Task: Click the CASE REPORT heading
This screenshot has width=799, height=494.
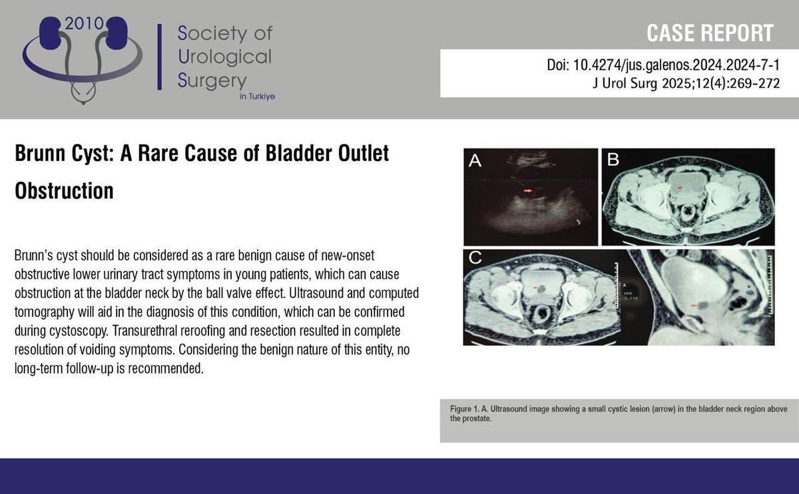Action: pos(710,33)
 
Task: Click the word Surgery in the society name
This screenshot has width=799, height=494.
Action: pos(212,80)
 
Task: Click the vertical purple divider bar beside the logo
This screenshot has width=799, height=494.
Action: pos(159,57)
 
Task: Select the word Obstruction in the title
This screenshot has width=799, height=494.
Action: pos(64,190)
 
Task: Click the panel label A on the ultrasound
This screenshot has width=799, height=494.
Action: pos(475,160)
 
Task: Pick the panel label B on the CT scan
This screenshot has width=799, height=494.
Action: pos(613,160)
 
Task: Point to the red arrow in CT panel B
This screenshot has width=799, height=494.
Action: pos(680,188)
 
